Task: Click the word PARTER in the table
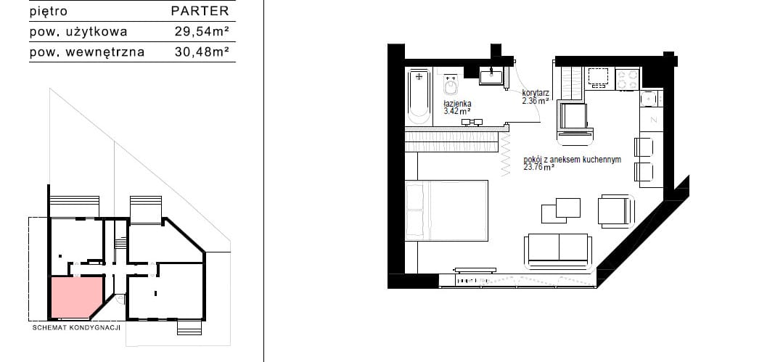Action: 200,11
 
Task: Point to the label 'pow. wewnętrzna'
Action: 87,52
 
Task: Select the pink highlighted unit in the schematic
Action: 75,297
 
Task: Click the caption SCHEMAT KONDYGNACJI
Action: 76,328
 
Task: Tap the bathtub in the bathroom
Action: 419,97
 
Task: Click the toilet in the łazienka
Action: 451,86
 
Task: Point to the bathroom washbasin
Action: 492,78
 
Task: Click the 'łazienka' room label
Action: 457,104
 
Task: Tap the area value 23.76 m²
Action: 539,168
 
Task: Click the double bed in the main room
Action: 447,210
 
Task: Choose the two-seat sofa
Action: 559,250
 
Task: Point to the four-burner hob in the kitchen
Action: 628,79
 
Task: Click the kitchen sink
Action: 649,99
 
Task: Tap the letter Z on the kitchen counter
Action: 652,120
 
